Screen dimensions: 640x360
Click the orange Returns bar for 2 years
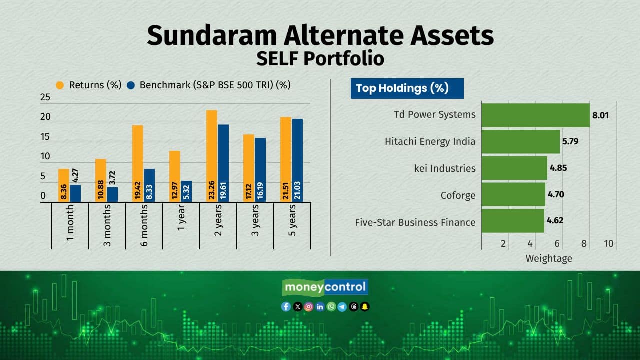[211, 156]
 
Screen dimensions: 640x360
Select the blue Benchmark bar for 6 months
[149, 185]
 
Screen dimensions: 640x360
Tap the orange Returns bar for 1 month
[64, 185]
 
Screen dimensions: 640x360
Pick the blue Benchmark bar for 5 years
[297, 160]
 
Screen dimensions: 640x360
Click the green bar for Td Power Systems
[535, 115]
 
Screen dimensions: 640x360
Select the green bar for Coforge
[513, 194]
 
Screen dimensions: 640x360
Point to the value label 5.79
[570, 141]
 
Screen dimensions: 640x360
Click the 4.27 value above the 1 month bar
[75, 175]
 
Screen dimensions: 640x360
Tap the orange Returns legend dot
[60, 85]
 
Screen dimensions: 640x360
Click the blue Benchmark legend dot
[131, 85]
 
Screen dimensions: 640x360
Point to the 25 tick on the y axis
[45, 97]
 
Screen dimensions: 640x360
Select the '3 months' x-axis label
[107, 225]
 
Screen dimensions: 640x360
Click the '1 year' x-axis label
[181, 217]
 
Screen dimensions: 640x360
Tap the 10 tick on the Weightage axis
[609, 243]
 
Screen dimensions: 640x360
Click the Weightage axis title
[549, 258]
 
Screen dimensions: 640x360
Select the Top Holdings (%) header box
[407, 88]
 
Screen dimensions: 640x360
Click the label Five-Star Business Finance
[415, 222]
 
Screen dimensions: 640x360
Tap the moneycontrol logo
[325, 287]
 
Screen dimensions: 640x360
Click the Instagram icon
[309, 307]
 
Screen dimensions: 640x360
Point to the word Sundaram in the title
[211, 35]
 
